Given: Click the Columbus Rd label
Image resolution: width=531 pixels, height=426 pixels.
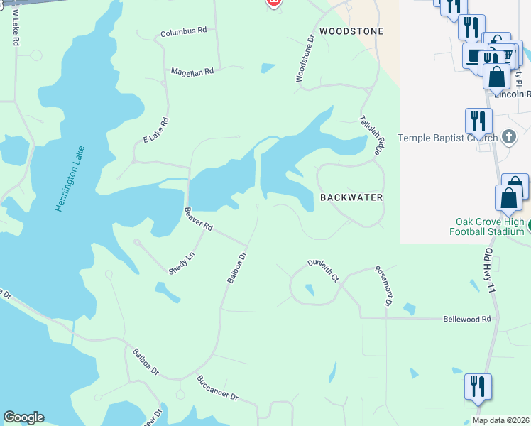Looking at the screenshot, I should [x=183, y=32].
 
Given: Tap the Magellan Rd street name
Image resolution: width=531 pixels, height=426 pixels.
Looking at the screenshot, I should [x=192, y=72].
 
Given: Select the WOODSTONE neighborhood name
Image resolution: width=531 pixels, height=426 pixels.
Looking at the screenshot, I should [x=351, y=31].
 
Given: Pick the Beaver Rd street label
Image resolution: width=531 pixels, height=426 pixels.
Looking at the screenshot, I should [x=199, y=219].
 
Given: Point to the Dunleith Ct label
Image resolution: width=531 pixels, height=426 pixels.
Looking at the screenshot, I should [x=323, y=271].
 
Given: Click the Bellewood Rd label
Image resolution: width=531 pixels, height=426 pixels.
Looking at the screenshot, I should [x=466, y=319].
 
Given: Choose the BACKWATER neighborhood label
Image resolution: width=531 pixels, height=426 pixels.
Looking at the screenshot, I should [x=351, y=197].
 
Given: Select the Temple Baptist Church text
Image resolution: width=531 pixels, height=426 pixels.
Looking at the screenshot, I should [x=447, y=137].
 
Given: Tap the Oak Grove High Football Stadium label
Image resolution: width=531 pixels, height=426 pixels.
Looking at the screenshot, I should [x=486, y=226].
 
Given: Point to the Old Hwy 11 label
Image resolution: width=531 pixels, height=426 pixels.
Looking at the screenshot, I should [x=486, y=268].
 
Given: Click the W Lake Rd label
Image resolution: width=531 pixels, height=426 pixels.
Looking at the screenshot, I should [x=13, y=27].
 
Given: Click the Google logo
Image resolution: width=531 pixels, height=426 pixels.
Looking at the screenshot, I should [x=23, y=417].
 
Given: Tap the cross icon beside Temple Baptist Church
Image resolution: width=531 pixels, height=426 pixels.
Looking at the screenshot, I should [x=508, y=136].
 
